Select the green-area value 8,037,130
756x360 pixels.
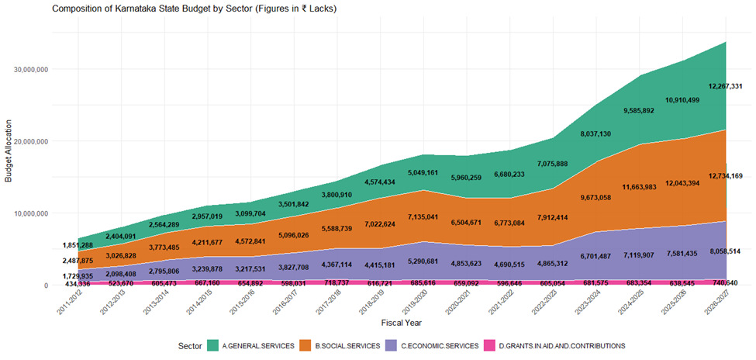tap(596, 133)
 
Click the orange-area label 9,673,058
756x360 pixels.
tap(596, 198)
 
